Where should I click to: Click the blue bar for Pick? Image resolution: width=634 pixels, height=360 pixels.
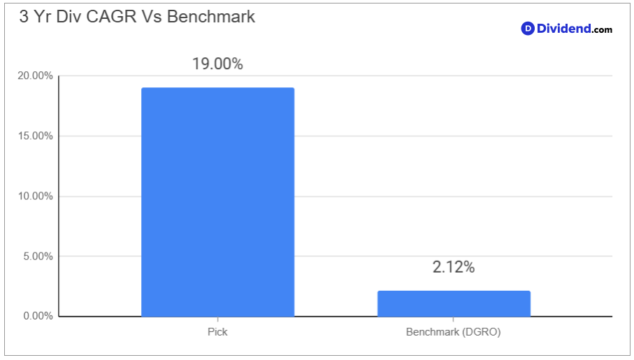(217, 202)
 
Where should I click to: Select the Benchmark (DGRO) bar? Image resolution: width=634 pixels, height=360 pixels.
(454, 303)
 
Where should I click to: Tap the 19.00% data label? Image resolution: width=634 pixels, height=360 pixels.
(217, 64)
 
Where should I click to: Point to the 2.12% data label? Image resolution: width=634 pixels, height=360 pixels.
(454, 267)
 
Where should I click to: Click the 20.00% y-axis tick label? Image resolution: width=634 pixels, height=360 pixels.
(35, 75)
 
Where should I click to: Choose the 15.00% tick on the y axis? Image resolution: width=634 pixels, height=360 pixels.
(35, 136)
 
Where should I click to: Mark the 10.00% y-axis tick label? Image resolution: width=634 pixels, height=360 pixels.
(35, 196)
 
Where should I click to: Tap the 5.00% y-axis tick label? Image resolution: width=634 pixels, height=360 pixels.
(38, 257)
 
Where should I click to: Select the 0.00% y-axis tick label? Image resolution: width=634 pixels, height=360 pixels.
(38, 316)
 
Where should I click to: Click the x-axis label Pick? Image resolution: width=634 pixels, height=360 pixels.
(217, 332)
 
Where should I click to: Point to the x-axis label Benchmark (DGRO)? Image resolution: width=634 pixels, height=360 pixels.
(453, 332)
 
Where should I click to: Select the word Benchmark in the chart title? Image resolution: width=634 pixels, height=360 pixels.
(211, 17)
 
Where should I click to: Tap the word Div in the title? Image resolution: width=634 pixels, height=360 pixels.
(69, 17)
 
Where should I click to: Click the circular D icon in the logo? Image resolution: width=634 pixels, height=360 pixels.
(528, 29)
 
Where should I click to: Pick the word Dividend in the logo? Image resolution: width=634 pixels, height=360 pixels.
(563, 29)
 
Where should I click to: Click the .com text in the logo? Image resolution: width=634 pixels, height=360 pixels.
(602, 29)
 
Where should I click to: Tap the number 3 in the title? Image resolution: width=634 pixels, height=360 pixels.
(24, 17)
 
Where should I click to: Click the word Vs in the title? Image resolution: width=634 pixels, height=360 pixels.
(151, 17)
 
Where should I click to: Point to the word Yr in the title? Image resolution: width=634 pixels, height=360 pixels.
(43, 17)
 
